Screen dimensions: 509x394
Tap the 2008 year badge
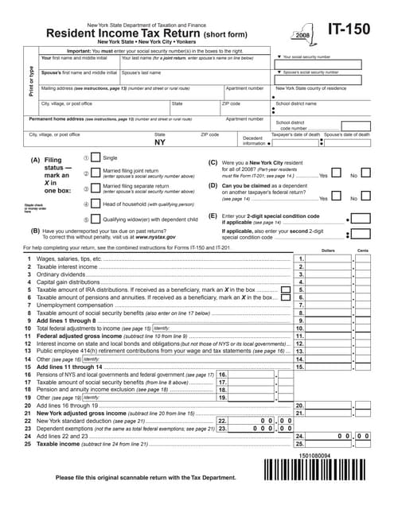[303, 37]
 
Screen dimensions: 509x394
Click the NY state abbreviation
[160, 143]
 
